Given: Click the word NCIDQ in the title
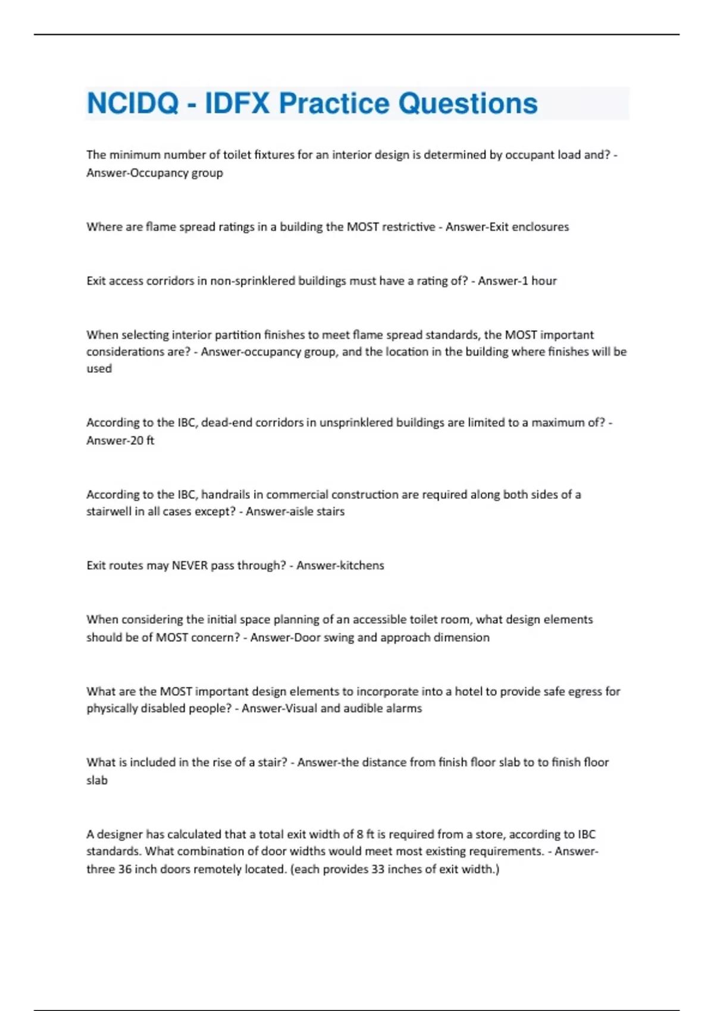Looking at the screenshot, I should pyautogui.click(x=133, y=103).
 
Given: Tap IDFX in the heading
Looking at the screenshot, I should pyautogui.click(x=237, y=103).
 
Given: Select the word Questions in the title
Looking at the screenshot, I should pyautogui.click(x=468, y=103).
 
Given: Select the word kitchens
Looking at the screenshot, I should pyautogui.click(x=361, y=565).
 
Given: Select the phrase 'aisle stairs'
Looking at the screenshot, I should pyautogui.click(x=315, y=511).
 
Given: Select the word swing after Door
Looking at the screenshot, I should pyautogui.click(x=339, y=638).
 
